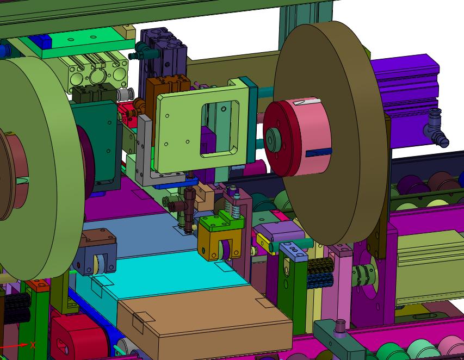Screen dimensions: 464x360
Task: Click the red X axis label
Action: click(33, 345)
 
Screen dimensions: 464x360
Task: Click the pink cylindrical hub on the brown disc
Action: click(298, 138)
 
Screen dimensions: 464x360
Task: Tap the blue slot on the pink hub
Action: click(319, 152)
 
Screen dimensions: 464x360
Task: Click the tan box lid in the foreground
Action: click(204, 319)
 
